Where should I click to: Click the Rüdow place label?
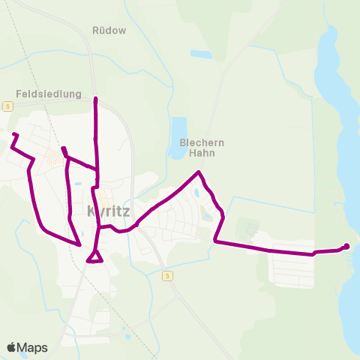pyautogui.click(x=109, y=31)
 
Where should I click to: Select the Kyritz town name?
pyautogui.click(x=109, y=211)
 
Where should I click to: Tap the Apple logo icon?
pyautogui.click(x=12, y=347)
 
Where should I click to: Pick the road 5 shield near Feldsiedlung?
pyautogui.click(x=7, y=106)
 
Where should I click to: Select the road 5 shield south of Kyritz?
pyautogui.click(x=166, y=275)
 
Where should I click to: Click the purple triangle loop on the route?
pyautogui.click(x=94, y=257)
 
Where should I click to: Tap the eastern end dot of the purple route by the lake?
pyautogui.click(x=346, y=246)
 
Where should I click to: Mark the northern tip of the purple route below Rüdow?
pyautogui.click(x=95, y=99)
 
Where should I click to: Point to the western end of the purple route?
pyautogui.click(x=14, y=134)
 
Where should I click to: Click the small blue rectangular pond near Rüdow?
pyautogui.click(x=201, y=54)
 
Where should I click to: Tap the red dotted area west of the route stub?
pyautogui.click(x=54, y=157)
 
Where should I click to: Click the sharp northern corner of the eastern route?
pyautogui.click(x=199, y=173)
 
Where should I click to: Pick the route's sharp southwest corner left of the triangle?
pyautogui.click(x=79, y=244)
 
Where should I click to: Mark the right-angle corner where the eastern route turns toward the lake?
pyautogui.click(x=215, y=241)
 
